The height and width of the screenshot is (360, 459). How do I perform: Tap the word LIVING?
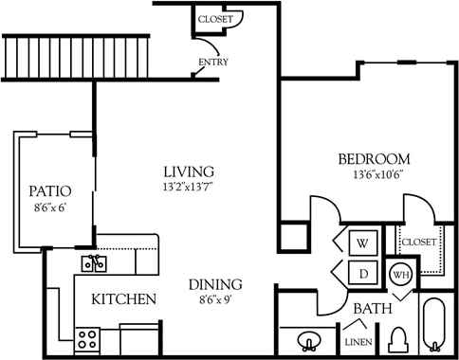188,171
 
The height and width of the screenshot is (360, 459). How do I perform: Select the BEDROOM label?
374,158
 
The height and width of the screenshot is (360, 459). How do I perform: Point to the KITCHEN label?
123,299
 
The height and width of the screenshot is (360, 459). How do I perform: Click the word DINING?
213,284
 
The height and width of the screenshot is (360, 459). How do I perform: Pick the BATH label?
372,309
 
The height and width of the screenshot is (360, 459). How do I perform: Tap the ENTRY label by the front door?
213,63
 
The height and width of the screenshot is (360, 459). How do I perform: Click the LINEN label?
358,342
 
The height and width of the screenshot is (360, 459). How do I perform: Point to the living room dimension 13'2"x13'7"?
188,187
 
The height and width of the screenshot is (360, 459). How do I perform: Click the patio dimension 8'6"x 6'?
50,207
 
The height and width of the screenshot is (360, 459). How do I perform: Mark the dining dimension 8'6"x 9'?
213,299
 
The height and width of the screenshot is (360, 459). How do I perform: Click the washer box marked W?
361,243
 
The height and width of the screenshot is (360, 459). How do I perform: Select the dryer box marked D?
361,273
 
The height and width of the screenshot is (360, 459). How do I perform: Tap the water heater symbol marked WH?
401,276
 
